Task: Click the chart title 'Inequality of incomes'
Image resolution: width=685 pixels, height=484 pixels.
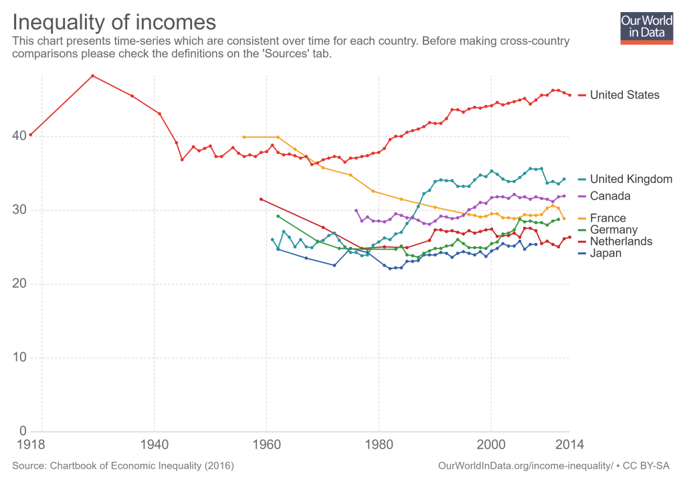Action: click(x=114, y=22)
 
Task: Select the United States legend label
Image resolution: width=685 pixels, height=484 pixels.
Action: click(x=624, y=95)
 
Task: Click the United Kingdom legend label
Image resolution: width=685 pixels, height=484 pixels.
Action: click(x=631, y=179)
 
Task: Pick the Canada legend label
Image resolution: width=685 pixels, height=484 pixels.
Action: click(x=609, y=196)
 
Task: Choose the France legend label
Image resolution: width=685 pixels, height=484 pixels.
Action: click(x=607, y=218)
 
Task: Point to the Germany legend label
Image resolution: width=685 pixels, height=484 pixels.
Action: click(x=613, y=230)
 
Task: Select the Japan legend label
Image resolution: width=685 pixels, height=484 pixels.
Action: click(x=605, y=253)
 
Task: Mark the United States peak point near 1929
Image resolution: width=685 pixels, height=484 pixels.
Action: click(x=92, y=76)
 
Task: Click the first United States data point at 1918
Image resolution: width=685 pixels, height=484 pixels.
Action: click(x=31, y=135)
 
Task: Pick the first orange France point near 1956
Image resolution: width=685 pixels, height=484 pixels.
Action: click(x=243, y=137)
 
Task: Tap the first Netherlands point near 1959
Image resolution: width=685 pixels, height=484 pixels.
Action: click(x=261, y=199)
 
